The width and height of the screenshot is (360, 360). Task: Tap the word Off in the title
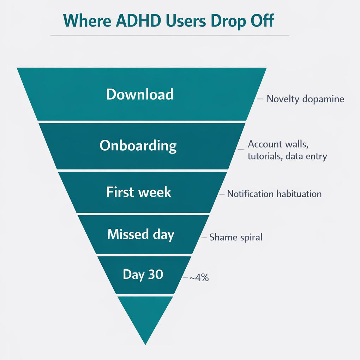pos(261,21)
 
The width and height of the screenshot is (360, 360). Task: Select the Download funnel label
pos(140,94)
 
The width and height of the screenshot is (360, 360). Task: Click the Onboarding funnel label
pos(138,145)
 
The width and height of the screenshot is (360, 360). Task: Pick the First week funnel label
pos(139,192)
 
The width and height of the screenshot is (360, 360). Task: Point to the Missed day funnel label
pos(140,234)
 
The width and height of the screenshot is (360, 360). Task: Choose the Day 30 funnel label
pos(143,274)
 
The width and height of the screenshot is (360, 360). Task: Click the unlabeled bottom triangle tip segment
pos(145,314)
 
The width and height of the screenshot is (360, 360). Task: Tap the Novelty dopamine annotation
pos(305,99)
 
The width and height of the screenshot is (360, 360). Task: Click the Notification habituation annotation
pos(274,194)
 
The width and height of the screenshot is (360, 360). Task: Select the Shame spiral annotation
pos(236,237)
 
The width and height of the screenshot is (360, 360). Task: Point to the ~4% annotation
pos(199,278)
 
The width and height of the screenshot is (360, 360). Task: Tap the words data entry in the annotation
pos(306,156)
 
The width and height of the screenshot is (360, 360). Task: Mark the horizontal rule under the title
pos(169,35)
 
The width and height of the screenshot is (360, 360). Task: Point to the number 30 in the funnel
pos(156,274)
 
